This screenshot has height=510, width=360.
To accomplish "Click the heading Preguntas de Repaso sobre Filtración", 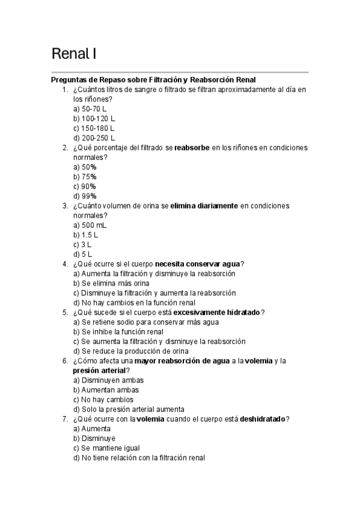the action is [x=153, y=80].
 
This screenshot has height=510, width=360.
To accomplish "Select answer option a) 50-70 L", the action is [x=90, y=109].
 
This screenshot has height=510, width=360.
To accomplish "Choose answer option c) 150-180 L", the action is [x=94, y=128].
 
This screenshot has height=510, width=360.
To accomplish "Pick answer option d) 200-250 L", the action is [x=94, y=138].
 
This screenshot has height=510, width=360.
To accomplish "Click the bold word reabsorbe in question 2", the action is [x=192, y=147].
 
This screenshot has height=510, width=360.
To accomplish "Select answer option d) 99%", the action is [x=85, y=195].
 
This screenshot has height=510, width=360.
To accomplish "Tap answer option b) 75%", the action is [x=85, y=176].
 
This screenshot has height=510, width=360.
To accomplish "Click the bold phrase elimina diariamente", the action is [x=204, y=206].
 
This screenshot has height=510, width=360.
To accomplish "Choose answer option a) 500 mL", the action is [x=90, y=225].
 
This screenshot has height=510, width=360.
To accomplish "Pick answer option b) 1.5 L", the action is [x=85, y=235].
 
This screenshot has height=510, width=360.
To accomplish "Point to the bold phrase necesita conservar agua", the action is [x=197, y=264].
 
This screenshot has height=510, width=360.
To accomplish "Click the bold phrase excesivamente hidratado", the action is [x=218, y=313].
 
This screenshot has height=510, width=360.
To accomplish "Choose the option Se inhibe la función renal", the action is [x=118, y=332].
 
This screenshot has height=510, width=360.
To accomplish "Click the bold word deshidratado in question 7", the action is [x=263, y=419].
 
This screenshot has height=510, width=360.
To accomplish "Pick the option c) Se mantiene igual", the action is [x=106, y=448].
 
